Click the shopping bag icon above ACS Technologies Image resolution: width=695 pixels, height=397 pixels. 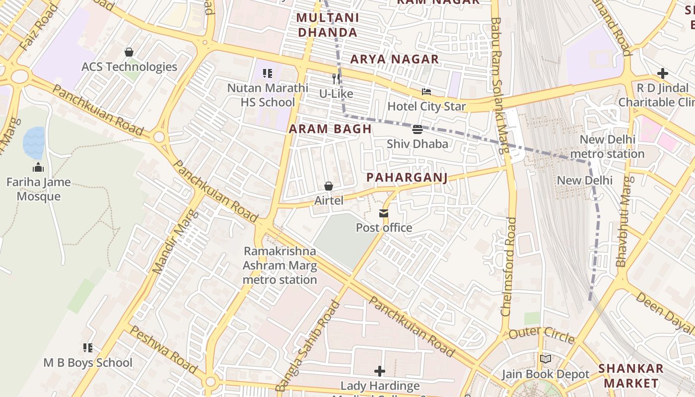pyautogui.click(x=129, y=52)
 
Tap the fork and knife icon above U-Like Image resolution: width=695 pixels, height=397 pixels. pyautogui.click(x=336, y=79)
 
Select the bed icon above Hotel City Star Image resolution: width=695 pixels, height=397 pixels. pyautogui.click(x=426, y=92)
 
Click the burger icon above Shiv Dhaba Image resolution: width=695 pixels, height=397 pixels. pyautogui.click(x=417, y=130)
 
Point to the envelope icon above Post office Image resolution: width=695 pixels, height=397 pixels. pyautogui.click(x=384, y=213)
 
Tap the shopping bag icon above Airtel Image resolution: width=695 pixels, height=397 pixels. pyautogui.click(x=328, y=186)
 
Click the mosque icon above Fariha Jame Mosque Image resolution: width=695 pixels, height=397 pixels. pyautogui.click(x=38, y=168)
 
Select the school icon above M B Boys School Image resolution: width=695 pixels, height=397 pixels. pyautogui.click(x=88, y=348)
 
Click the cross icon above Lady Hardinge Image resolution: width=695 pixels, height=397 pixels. pyautogui.click(x=380, y=371)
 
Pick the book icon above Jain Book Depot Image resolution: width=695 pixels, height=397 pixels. pyautogui.click(x=545, y=359)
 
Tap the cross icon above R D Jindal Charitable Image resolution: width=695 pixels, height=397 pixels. pyautogui.click(x=662, y=74)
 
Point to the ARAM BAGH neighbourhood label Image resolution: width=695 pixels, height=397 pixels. pyautogui.click(x=330, y=129)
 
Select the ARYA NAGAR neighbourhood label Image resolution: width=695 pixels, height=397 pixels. pyautogui.click(x=395, y=59)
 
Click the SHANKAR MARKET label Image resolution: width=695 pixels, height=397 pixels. pyautogui.click(x=630, y=376)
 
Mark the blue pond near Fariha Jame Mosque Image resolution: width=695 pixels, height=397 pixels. pyautogui.click(x=34, y=143)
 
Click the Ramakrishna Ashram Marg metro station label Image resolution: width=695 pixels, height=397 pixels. pyautogui.click(x=279, y=265)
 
